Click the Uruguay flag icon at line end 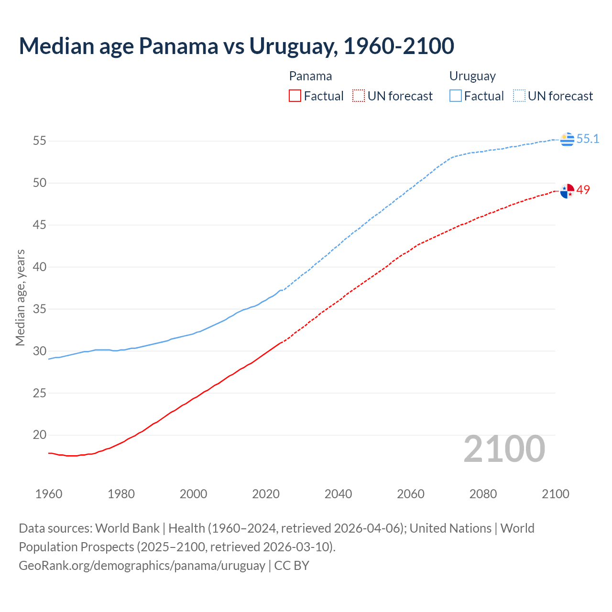tap(567, 139)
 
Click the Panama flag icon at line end tap(567, 191)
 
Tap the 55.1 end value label tap(588, 139)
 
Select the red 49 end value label tap(583, 190)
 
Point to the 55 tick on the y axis tap(40, 141)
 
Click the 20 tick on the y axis tap(40, 435)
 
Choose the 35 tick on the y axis tap(40, 309)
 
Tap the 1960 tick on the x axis tap(49, 494)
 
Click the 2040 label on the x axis tap(338, 494)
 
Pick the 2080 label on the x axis tap(483, 494)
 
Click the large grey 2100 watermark tap(504, 448)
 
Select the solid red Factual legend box tap(295, 96)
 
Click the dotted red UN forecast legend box tap(359, 96)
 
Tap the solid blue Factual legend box tap(456, 96)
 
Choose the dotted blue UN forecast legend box tap(519, 96)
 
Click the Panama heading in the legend tap(310, 76)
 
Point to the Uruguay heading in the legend tap(472, 76)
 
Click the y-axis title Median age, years tap(20, 297)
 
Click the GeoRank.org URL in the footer tap(142, 565)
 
